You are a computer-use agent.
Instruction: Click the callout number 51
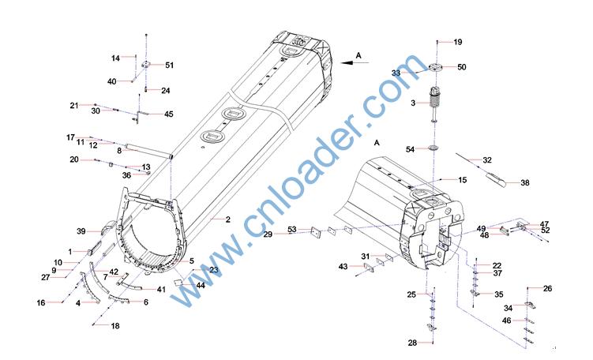click(x=170, y=65)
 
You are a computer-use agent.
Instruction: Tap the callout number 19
click(x=458, y=42)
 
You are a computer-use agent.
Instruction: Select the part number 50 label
click(x=462, y=67)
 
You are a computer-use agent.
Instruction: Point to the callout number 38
click(x=525, y=182)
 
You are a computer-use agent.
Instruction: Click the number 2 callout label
click(x=227, y=219)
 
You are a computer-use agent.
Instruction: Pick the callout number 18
click(x=115, y=325)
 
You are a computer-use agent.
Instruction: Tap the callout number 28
click(x=412, y=343)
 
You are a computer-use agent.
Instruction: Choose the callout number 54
click(x=411, y=149)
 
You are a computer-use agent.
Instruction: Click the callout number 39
click(x=81, y=231)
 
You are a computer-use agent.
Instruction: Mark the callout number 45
click(x=169, y=114)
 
